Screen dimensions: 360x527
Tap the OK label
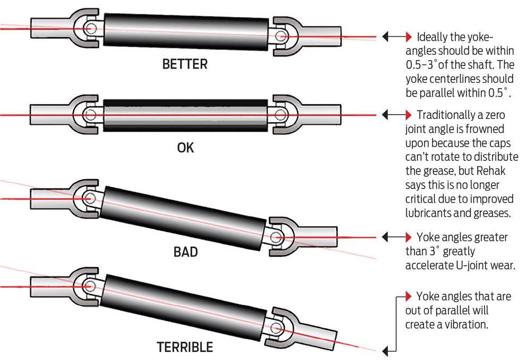pos(185,148)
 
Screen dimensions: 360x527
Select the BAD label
pos(185,251)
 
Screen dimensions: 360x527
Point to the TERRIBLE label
pos(185,348)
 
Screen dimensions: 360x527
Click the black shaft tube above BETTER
pos(186,32)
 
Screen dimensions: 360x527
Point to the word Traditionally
pos(451,115)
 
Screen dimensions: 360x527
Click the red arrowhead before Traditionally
pos(409,115)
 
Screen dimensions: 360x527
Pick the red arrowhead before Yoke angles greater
pos(409,236)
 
